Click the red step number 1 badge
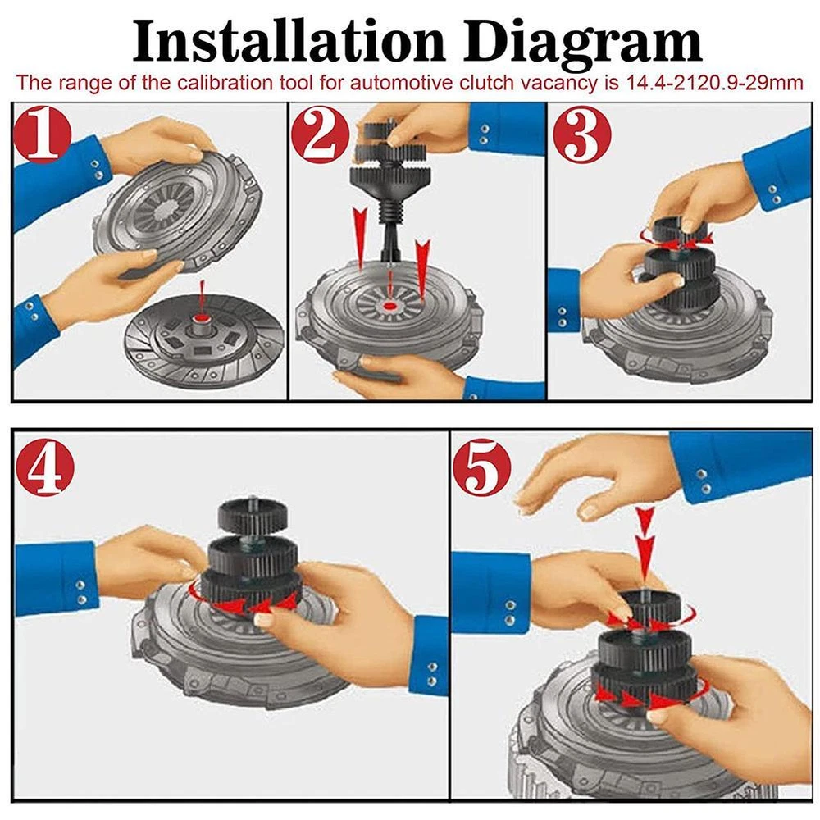tap(43, 134)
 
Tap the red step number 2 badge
tap(320, 135)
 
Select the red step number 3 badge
tap(581, 134)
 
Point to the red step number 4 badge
tap(45, 467)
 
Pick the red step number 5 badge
tap(482, 467)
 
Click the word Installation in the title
tap(288, 41)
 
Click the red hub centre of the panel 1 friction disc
tap(202, 318)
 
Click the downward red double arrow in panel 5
tap(645, 543)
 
